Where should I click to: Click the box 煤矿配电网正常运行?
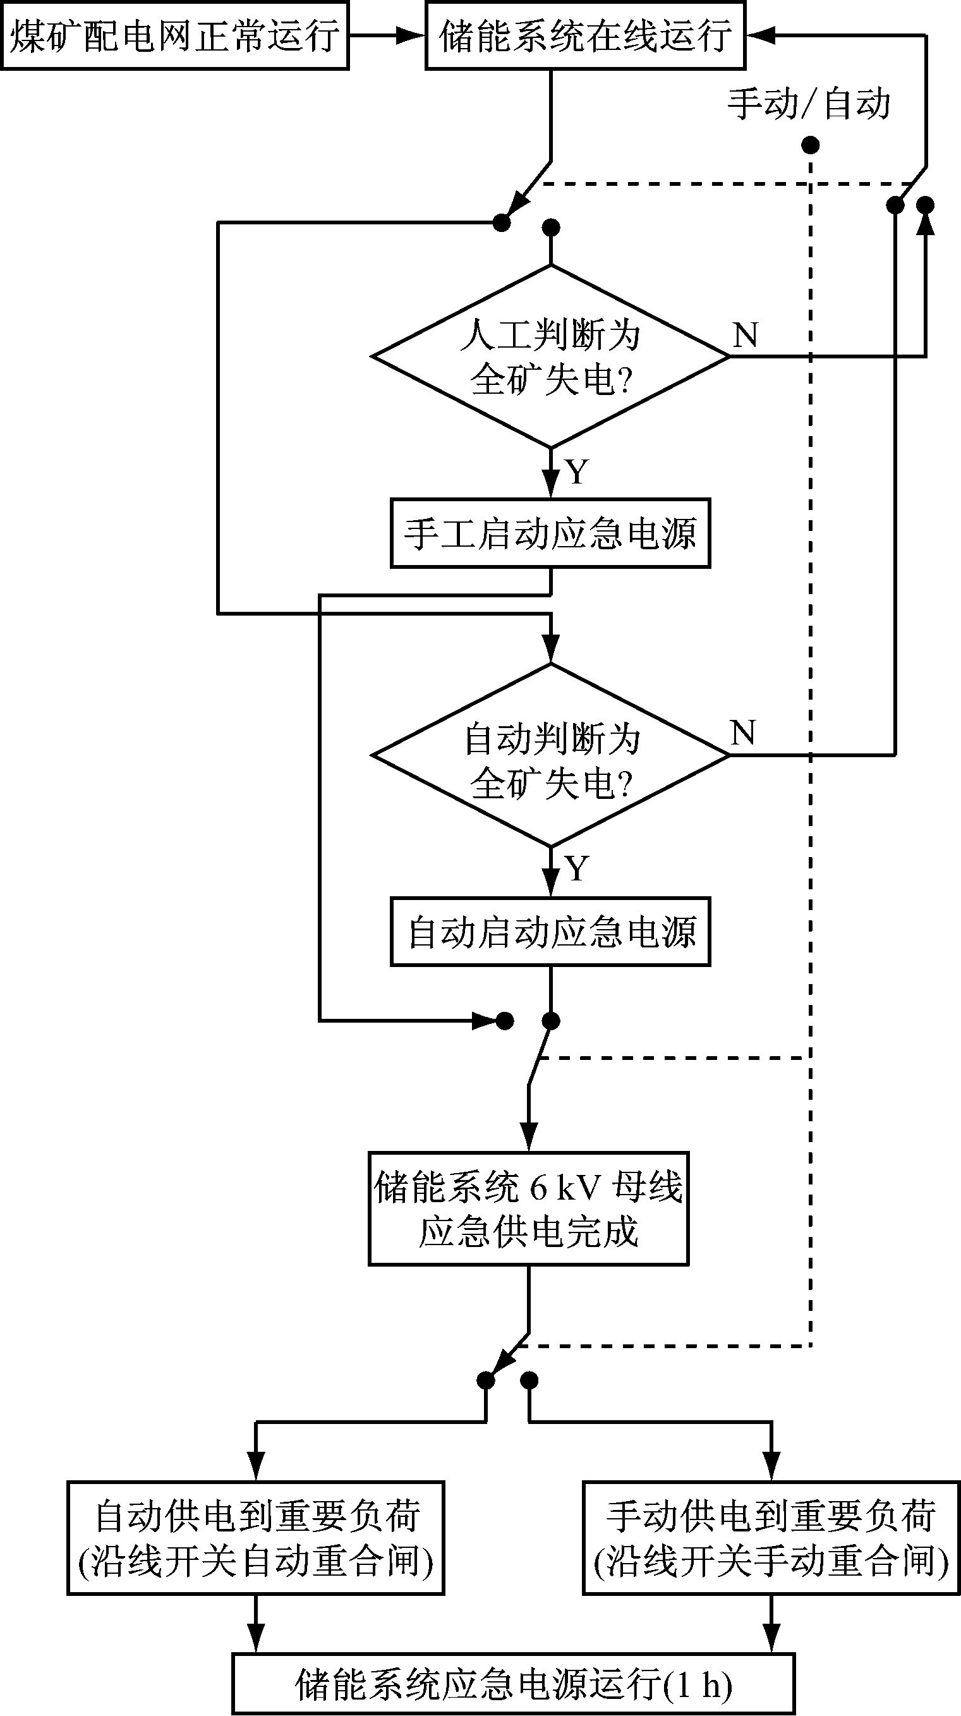click(x=174, y=35)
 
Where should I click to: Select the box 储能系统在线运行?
click(x=584, y=35)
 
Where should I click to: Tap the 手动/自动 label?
click(x=809, y=104)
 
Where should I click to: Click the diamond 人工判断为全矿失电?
click(x=550, y=356)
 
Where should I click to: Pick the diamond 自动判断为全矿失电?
click(x=550, y=755)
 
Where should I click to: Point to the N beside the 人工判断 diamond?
click(x=745, y=335)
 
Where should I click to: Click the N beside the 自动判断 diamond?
click(x=743, y=733)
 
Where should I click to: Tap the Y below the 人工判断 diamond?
click(x=577, y=472)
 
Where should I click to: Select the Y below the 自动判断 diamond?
click(x=577, y=868)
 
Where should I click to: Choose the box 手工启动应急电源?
click(x=550, y=533)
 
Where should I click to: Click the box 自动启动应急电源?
click(x=550, y=931)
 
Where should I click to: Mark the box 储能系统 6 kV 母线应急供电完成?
click(x=528, y=1209)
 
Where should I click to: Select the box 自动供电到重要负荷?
click(x=256, y=1538)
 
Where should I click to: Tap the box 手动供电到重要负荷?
click(x=771, y=1538)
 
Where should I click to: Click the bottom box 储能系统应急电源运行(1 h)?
click(x=514, y=1684)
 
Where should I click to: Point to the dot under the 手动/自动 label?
click(x=810, y=145)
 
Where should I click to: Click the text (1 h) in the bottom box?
click(x=698, y=1684)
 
